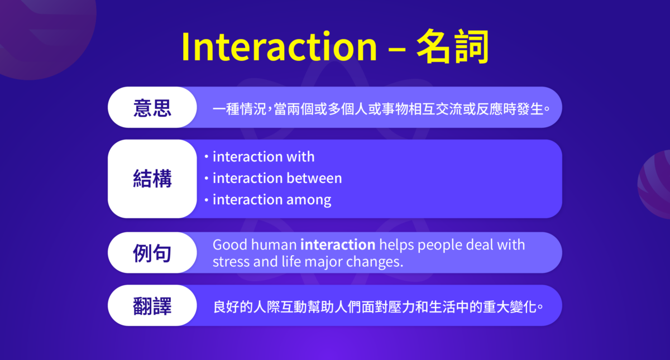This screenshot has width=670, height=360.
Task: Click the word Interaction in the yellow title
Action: pyautogui.click(x=279, y=47)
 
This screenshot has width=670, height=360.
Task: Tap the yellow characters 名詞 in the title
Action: pyautogui.click(x=453, y=47)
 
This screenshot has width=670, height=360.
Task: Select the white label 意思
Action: pyautogui.click(x=152, y=108)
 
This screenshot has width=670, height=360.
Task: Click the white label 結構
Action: pyautogui.click(x=152, y=179)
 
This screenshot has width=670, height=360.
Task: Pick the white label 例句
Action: pyautogui.click(x=152, y=253)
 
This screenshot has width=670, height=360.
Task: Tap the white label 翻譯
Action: pyautogui.click(x=152, y=306)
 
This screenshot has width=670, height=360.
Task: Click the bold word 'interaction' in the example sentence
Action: pyautogui.click(x=337, y=245)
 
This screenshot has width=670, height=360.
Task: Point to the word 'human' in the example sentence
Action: pyautogui.click(x=272, y=245)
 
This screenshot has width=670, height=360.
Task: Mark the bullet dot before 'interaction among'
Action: pyautogui.click(x=206, y=200)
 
